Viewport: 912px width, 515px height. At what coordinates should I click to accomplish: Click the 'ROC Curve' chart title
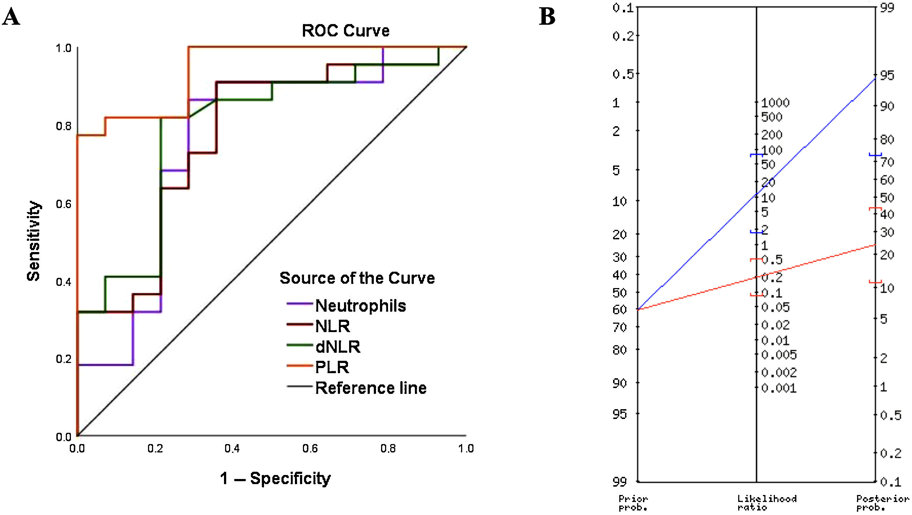[x=345, y=31]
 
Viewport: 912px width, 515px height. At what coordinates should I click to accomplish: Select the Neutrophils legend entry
[x=360, y=306]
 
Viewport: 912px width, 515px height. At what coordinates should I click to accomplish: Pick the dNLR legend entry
[x=337, y=347]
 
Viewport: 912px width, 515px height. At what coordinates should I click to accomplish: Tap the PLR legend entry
[x=332, y=367]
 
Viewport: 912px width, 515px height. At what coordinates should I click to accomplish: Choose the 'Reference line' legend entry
[x=371, y=388]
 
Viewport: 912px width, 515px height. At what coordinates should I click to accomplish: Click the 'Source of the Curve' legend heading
[x=357, y=278]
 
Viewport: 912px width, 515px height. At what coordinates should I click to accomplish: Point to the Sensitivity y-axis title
[x=34, y=241]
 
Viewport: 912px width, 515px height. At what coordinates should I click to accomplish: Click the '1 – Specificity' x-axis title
[x=275, y=479]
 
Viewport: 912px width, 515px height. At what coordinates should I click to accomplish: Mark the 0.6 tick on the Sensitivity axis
[x=64, y=204]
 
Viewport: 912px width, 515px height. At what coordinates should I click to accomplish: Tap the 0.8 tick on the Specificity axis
[x=388, y=448]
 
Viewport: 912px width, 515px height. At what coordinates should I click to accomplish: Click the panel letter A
[x=11, y=17]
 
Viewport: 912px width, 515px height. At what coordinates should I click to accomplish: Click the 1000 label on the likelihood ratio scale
[x=775, y=103]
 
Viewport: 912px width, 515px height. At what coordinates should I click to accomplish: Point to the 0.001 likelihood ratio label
[x=779, y=388]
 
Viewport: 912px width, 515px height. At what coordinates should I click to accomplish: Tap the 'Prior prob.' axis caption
[x=633, y=503]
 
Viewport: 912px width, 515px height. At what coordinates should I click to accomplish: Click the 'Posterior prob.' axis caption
[x=883, y=503]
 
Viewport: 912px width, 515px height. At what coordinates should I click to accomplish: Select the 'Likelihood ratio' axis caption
[x=767, y=503]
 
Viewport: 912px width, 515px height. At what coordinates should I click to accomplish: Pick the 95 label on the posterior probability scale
[x=887, y=76]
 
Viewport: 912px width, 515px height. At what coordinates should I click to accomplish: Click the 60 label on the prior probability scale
[x=620, y=310]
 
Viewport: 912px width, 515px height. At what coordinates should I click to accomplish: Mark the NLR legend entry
[x=332, y=326]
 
